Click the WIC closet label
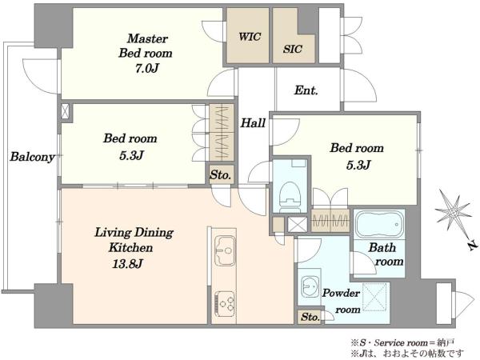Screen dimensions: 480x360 pos(250,37)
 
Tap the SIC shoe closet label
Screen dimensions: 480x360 pos(293,50)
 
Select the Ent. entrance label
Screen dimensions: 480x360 pos(306,90)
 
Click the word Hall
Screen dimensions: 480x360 pos(253,123)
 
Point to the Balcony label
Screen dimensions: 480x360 pos(32,157)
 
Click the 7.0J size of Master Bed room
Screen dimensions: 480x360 pos(146,68)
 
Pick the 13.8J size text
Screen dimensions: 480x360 pos(127,263)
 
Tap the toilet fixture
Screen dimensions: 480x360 pos(290,194)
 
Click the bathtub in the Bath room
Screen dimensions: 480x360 pos(379,224)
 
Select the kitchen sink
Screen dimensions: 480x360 pos(225,250)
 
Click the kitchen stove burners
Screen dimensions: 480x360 pos(225,303)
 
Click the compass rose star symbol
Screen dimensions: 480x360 pos(454,211)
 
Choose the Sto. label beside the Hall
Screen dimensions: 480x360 pos(221,175)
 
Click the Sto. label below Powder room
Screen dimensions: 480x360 pos(310,317)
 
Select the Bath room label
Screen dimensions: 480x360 pos(386,254)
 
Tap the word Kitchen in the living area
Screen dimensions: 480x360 pos(130,247)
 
